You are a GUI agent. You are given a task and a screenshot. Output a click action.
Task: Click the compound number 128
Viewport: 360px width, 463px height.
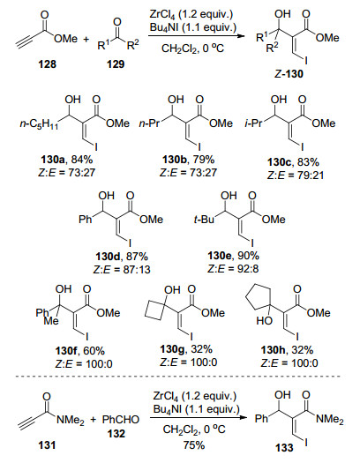point(47,63)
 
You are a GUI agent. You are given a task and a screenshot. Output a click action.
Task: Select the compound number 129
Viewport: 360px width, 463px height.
point(116,63)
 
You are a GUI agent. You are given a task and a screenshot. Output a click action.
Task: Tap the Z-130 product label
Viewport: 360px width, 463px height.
point(289,73)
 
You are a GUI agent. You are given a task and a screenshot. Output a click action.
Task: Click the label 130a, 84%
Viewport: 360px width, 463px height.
point(66,160)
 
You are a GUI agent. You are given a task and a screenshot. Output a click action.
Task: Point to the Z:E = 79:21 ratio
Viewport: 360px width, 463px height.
point(296,175)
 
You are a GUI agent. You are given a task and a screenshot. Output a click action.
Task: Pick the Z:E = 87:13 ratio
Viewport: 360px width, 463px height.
point(122,270)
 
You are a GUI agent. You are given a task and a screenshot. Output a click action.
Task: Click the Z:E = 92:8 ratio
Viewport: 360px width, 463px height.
point(233,268)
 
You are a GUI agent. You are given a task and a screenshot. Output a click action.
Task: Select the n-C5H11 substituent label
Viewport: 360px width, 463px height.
point(39,124)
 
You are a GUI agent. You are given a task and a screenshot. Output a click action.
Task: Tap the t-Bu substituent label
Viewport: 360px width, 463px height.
point(204,220)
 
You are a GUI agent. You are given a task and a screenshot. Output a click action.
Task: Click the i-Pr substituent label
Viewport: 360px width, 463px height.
point(253,123)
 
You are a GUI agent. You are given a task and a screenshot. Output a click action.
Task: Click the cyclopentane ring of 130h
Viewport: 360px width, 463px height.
point(259,295)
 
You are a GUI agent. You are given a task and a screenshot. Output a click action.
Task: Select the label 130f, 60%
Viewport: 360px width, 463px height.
point(79,351)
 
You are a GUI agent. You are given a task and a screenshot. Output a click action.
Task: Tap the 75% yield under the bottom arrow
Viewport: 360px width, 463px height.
point(194,444)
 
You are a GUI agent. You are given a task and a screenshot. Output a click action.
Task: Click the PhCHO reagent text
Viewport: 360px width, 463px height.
point(121,419)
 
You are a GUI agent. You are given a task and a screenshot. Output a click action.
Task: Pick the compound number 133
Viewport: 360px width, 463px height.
point(284,448)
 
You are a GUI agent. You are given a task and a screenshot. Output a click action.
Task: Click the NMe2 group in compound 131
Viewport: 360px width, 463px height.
point(71,420)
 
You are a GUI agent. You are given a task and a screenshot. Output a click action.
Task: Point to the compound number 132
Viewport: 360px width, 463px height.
point(116,434)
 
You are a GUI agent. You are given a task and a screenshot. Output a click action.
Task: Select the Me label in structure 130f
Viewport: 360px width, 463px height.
point(51,320)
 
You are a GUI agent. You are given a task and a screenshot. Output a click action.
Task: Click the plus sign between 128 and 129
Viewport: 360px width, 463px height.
point(86,39)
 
